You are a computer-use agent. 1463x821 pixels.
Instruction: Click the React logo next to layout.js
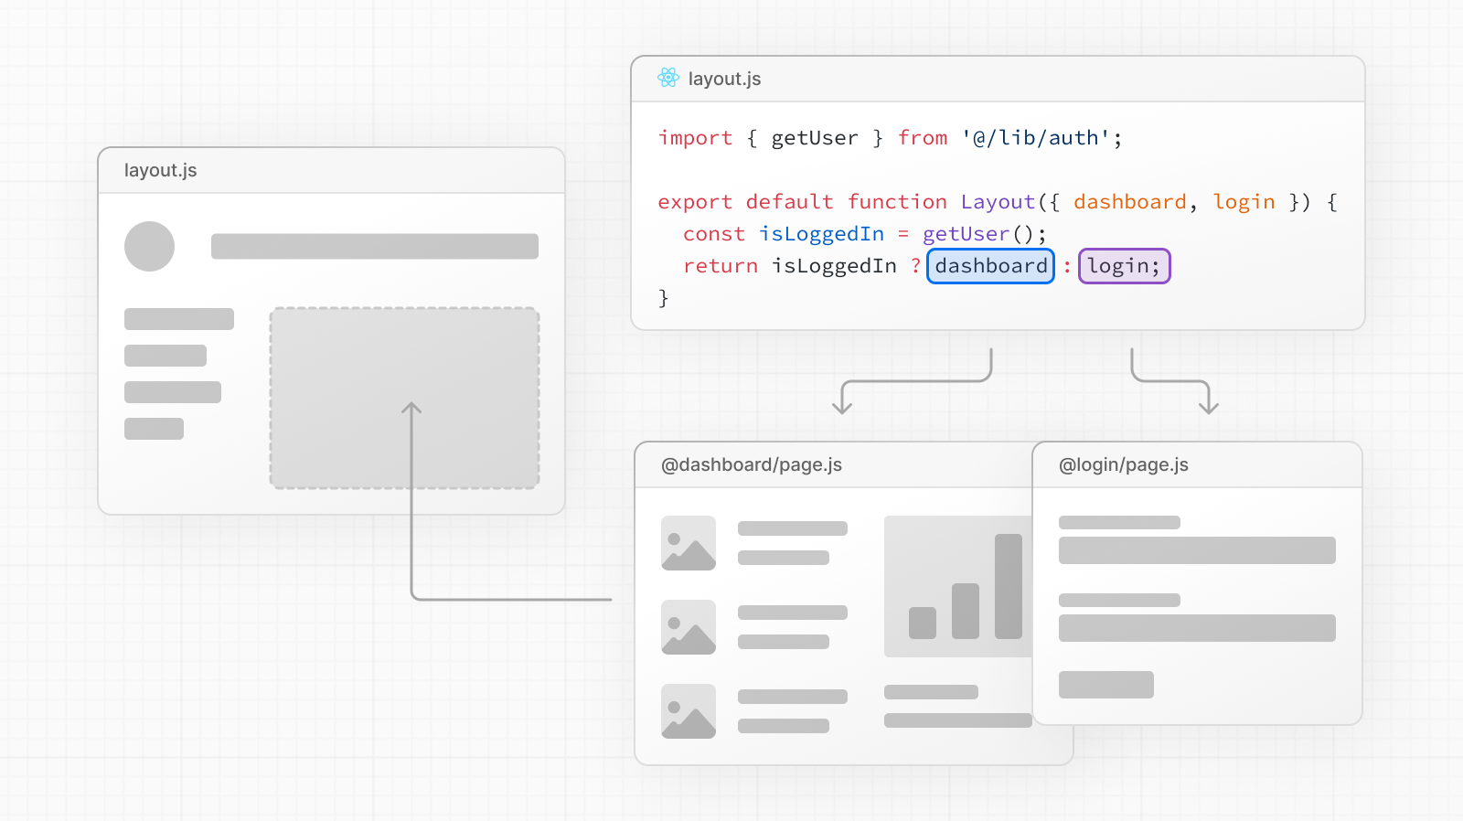[x=668, y=79]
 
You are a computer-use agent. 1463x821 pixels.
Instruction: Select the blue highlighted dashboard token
[x=991, y=266]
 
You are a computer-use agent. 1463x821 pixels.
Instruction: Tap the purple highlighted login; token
[x=1124, y=266]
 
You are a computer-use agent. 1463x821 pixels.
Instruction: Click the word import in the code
[x=695, y=138]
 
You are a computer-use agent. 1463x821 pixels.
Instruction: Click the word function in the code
[x=897, y=202]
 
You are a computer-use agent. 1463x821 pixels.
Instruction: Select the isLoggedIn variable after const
[x=821, y=234]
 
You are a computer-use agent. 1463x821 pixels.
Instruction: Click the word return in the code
[x=721, y=266]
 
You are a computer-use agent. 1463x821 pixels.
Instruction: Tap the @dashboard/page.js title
[x=752, y=464]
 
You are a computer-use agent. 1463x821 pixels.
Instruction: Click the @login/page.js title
[x=1124, y=464]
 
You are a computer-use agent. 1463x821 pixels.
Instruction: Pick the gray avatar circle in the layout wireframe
[x=149, y=246]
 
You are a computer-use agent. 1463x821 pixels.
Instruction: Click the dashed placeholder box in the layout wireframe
[x=404, y=398]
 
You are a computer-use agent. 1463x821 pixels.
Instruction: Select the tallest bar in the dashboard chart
[x=1008, y=586]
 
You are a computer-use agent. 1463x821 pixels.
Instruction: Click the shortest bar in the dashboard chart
[x=923, y=623]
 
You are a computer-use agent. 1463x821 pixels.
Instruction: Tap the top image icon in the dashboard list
[x=689, y=543]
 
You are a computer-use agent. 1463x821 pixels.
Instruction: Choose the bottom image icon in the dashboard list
[x=689, y=711]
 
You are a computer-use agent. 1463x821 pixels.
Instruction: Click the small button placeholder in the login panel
[x=1106, y=685]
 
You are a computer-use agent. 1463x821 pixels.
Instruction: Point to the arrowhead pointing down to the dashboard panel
[x=842, y=408]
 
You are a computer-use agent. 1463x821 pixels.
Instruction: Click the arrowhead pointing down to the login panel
[x=1209, y=408]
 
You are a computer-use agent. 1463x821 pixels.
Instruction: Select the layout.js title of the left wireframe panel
[x=161, y=170]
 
